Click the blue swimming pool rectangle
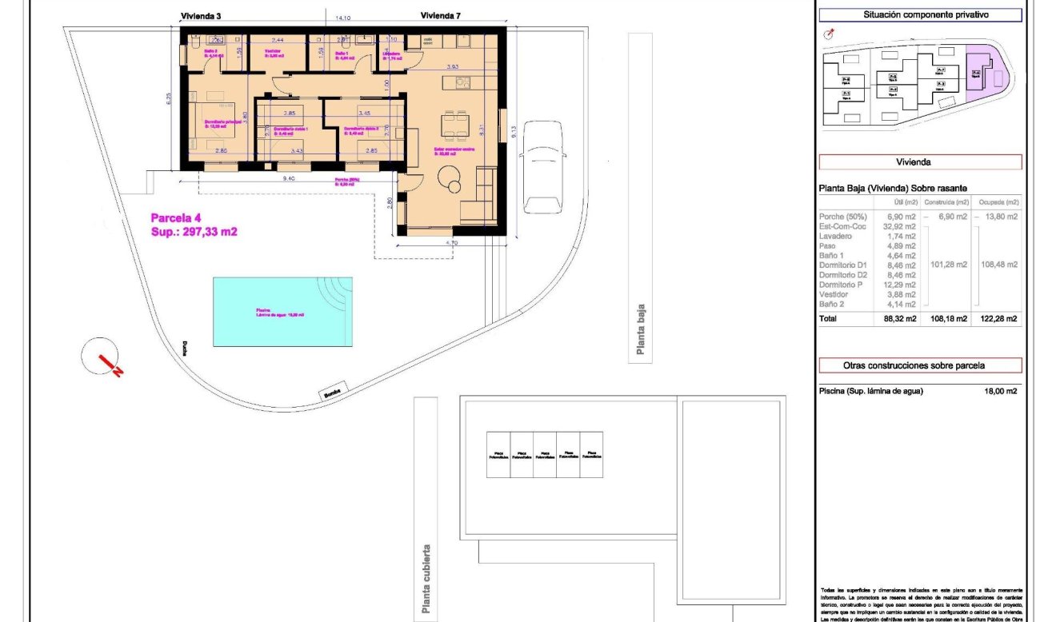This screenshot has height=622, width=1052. point(282,311)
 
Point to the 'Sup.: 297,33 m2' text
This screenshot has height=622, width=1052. point(194,231)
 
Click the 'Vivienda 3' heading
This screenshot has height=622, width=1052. point(202,15)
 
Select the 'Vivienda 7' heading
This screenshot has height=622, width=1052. point(440,15)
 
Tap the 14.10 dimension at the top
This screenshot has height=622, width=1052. point(343,17)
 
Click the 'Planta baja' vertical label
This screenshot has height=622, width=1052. point(640,328)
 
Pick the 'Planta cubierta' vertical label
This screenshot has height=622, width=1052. point(426,579)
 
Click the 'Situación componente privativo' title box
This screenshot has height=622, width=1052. point(920,14)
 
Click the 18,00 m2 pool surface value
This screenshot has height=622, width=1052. point(1000,391)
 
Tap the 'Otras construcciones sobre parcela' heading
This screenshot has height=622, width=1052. point(920,365)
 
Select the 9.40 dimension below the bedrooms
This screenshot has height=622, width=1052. point(289,179)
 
